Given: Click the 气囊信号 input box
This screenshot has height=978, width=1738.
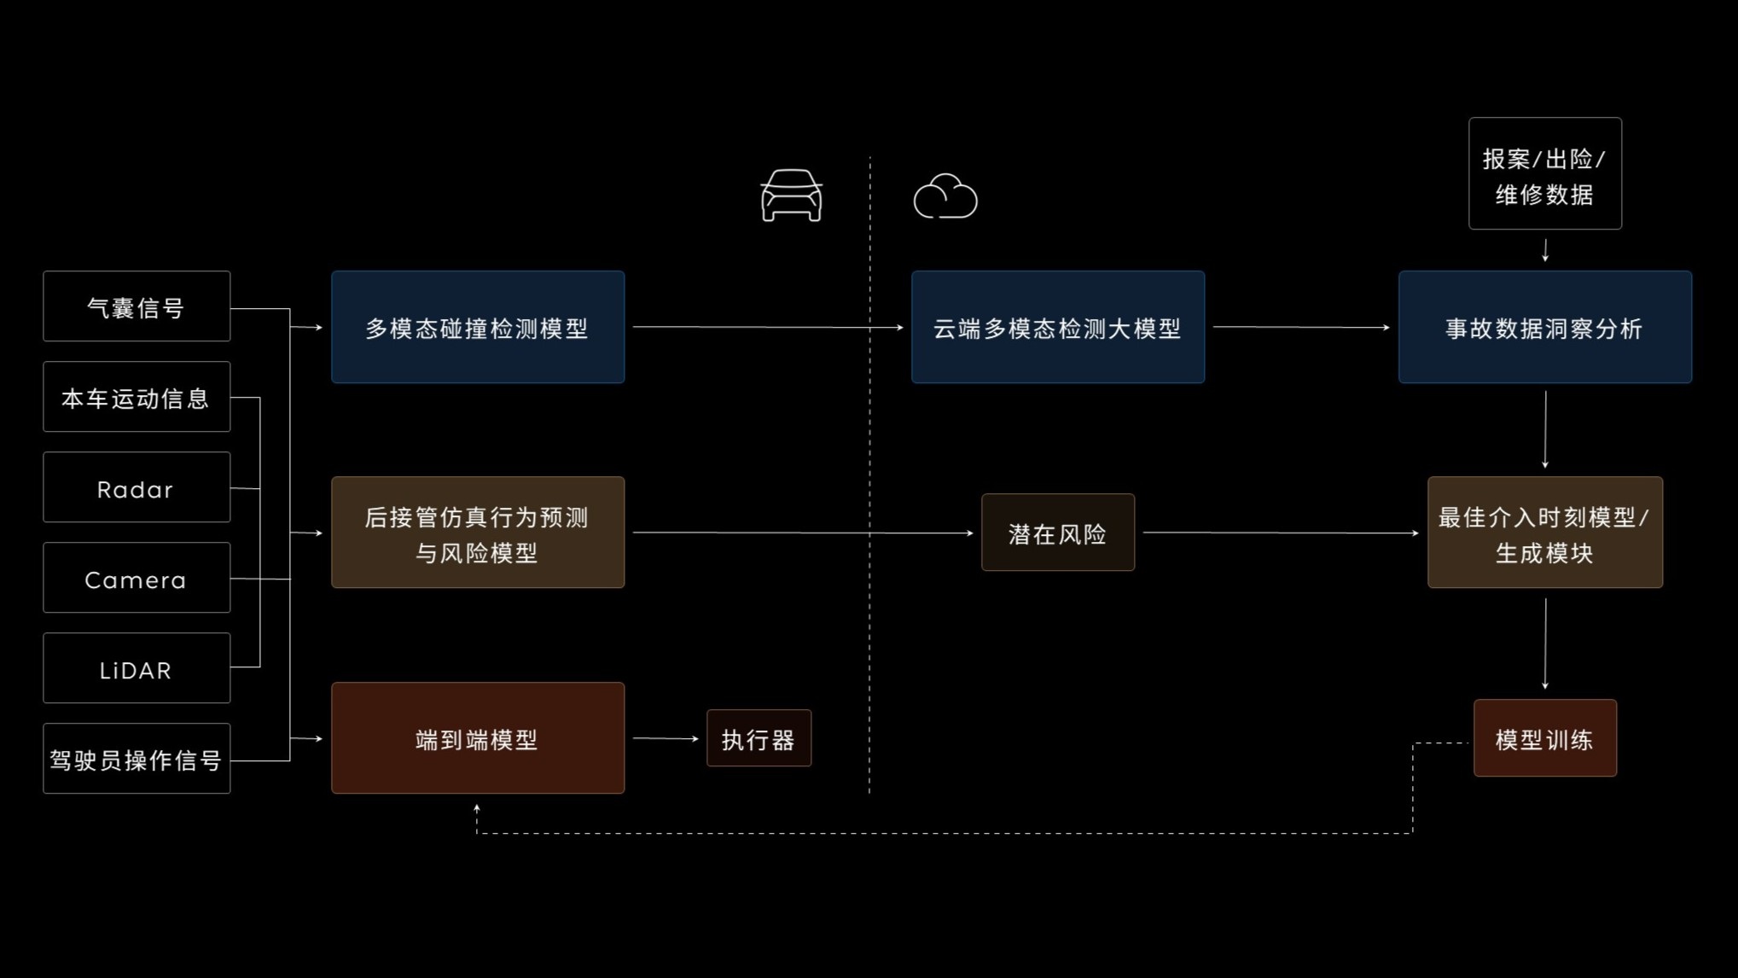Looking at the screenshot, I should click(x=137, y=306).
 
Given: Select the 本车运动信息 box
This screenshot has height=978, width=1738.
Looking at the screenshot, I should click(x=137, y=397).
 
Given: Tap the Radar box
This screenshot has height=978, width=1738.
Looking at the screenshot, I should click(x=137, y=487).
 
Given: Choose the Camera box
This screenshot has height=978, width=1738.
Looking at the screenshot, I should click(x=137, y=578).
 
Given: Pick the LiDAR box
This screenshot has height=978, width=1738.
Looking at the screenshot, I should click(x=137, y=668).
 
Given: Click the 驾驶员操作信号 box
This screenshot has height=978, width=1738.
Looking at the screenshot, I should click(x=137, y=759).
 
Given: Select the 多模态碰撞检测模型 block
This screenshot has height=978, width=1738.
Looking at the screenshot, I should click(x=478, y=327).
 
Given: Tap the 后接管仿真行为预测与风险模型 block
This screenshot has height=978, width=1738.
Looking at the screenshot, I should click(x=478, y=533).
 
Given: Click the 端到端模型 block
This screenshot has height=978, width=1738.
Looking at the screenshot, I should click(x=478, y=738).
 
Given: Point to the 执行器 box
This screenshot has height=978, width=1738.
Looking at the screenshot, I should click(x=759, y=738).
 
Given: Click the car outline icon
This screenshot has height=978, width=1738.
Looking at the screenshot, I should click(x=791, y=195).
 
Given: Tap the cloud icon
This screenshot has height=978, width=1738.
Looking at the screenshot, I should click(x=945, y=197).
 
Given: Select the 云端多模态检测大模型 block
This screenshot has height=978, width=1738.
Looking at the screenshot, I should click(x=1058, y=327).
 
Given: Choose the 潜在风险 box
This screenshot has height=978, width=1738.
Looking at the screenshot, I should click(x=1058, y=533).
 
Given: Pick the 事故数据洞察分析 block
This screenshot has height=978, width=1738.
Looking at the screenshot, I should click(x=1545, y=327).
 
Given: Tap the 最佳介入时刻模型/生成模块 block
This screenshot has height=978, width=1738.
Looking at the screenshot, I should click(x=1545, y=533).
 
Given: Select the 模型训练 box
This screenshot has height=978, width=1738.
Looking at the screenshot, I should click(x=1545, y=738).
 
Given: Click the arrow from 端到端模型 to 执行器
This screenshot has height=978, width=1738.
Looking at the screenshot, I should click(x=666, y=738).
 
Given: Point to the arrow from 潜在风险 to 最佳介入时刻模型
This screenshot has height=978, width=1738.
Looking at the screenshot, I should click(x=1280, y=533).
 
